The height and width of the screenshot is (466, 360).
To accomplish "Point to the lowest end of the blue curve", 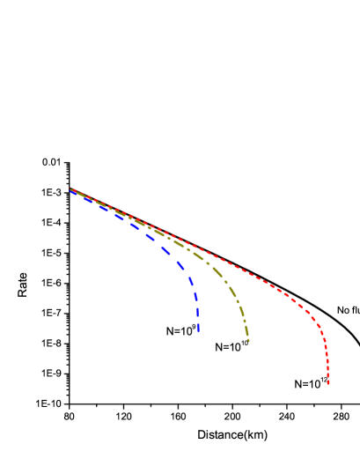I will [199, 332].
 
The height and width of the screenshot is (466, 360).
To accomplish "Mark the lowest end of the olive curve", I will [249, 341].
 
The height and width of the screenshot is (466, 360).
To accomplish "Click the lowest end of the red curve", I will [328, 383].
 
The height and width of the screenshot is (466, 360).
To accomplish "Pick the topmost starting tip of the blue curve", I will [70, 191].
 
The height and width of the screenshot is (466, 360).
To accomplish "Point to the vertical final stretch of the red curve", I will [327, 361].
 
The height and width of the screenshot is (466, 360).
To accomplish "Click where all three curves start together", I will [73, 191].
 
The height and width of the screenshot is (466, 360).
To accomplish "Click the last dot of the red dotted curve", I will [328, 383].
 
